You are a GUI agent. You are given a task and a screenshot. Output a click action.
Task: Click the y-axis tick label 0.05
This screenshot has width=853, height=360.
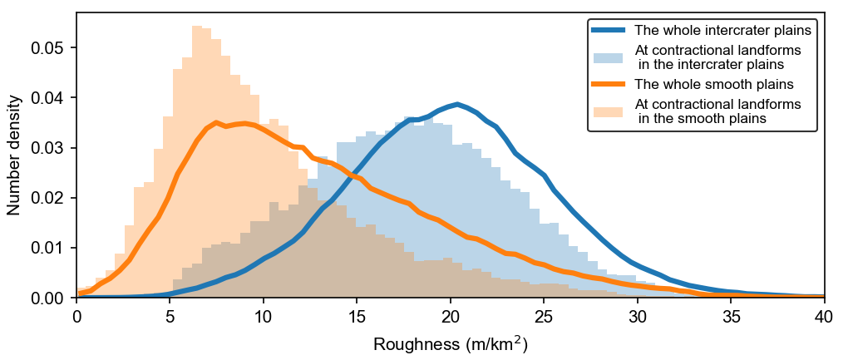tap(47, 47)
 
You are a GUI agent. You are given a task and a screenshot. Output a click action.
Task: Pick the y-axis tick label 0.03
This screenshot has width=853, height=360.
tap(47, 148)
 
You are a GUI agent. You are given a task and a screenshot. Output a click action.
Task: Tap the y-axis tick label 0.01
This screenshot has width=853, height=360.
tap(47, 248)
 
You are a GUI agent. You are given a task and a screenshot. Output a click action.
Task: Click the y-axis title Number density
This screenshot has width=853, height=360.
tap(14, 155)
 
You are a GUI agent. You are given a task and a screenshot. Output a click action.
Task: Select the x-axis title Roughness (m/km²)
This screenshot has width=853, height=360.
tap(451, 343)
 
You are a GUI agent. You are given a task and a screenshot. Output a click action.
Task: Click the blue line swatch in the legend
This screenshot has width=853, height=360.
tap(609, 31)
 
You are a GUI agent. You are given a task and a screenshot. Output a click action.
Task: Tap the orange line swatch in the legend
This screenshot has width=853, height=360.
tap(609, 84)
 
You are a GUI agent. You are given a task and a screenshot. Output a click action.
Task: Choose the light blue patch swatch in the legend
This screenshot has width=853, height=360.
tap(609, 57)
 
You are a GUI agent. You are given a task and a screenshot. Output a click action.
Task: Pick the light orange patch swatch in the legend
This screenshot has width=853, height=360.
tap(609, 111)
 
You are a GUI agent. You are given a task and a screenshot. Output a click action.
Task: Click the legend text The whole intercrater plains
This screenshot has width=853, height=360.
tap(722, 31)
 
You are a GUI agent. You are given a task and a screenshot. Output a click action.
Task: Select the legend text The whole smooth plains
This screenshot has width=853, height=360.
tap(713, 84)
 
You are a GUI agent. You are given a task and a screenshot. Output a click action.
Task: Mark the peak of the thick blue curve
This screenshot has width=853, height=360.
tap(457, 104)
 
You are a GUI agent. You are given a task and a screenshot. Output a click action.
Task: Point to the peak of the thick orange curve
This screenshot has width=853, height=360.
tap(216, 122)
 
